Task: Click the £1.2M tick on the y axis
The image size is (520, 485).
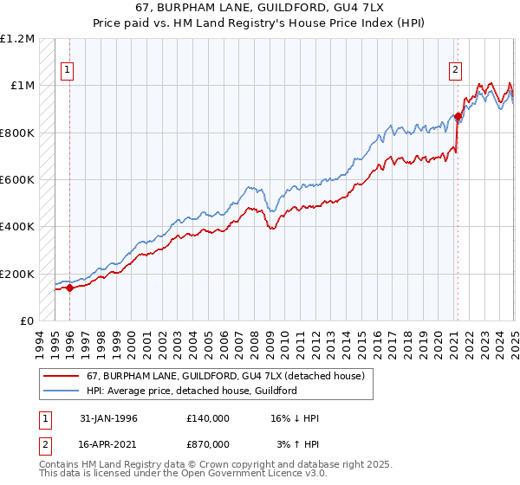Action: tap(16, 39)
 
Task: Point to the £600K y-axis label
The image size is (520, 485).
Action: tap(17, 180)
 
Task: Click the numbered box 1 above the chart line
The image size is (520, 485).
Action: tap(68, 72)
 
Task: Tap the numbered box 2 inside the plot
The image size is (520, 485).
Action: tap(456, 72)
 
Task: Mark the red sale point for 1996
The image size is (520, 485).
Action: tap(69, 288)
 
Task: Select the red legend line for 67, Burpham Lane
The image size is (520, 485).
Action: tap(61, 376)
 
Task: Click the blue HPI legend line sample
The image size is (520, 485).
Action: tap(61, 391)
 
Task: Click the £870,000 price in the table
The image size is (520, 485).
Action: tap(208, 443)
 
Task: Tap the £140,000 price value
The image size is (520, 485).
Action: tap(208, 418)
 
